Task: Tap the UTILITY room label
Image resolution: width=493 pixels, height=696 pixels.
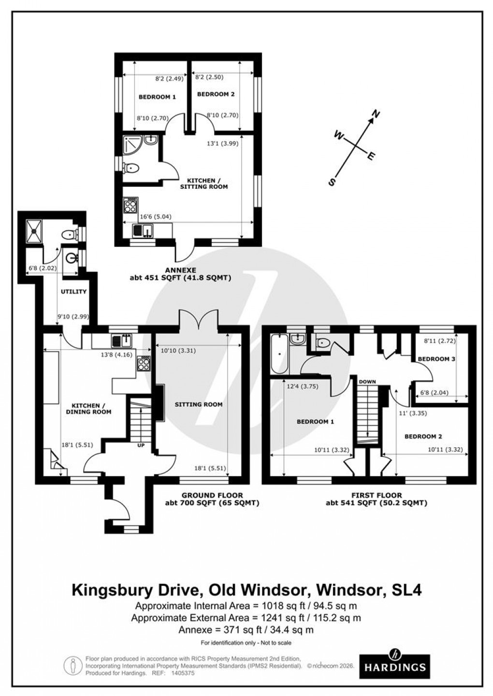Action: point(73,292)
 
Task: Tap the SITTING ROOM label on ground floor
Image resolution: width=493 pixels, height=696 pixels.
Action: point(199,404)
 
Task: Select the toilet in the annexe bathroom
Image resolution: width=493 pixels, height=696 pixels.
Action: point(131,169)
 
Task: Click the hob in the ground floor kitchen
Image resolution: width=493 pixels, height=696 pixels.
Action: point(144,362)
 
